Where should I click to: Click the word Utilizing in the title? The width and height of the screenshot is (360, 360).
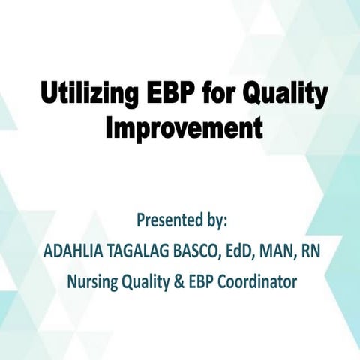[88, 95]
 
